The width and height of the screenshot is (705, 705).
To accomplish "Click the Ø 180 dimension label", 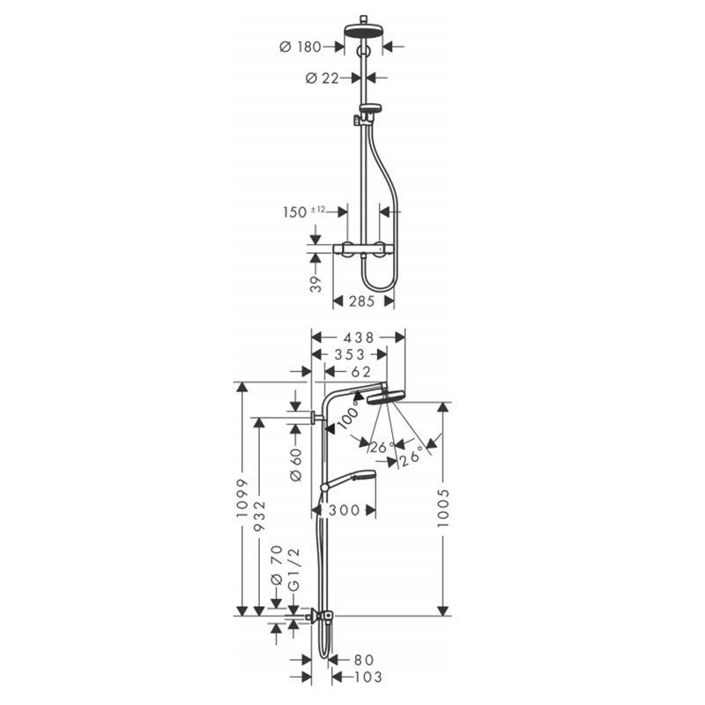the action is click(x=301, y=47).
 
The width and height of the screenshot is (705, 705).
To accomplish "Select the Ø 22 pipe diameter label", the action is click(x=322, y=78).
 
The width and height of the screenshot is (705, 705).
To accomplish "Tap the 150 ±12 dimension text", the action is click(x=304, y=211).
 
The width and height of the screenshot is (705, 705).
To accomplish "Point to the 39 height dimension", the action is click(x=316, y=284).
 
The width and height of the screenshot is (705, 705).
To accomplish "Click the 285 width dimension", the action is click(x=362, y=301).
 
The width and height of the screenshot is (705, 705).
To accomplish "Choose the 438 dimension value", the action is click(x=359, y=338).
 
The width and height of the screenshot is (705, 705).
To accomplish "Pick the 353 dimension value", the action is click(x=349, y=354).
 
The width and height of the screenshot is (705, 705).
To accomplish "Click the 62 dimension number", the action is click(x=361, y=372).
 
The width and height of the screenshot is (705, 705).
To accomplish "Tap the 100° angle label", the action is click(x=349, y=415).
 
